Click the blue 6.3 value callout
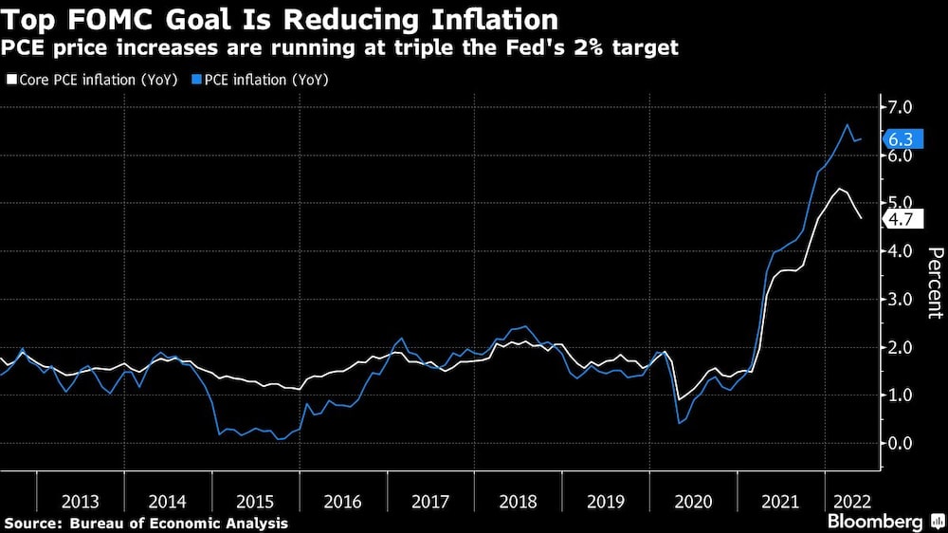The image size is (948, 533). pos(900,139)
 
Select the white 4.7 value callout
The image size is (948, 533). pos(900,218)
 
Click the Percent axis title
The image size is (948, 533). pos(935,282)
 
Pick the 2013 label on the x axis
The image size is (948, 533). pos(81,501)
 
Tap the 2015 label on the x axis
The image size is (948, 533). pos(256,501)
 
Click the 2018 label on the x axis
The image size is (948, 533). pos(519,501)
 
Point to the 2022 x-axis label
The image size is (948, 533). pos(848,501)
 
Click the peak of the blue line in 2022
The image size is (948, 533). pos(848,125)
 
